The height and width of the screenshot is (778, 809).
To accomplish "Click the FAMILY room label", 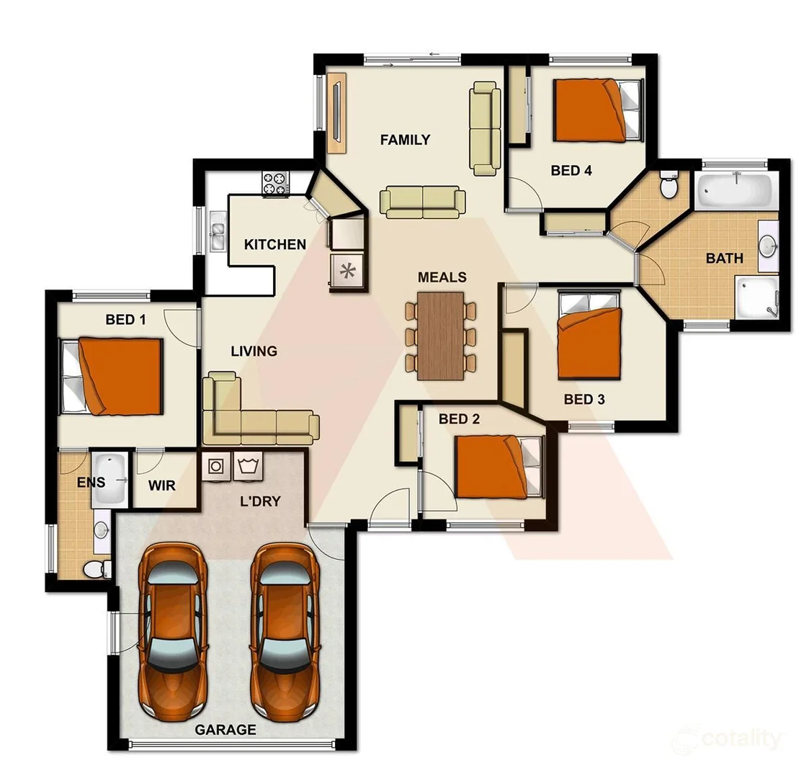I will point(405,140).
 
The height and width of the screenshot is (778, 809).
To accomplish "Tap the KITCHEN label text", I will point(274,244).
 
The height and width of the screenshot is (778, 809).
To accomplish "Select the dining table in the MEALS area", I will point(441,335).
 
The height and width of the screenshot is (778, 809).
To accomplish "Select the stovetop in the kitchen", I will point(275,183).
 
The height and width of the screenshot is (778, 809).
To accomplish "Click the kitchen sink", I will point(216,231).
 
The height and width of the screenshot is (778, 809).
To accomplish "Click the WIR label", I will point(161,486).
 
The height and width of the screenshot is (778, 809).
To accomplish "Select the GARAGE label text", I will point(225,730).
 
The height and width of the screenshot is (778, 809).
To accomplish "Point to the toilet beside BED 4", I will point(669,186).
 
